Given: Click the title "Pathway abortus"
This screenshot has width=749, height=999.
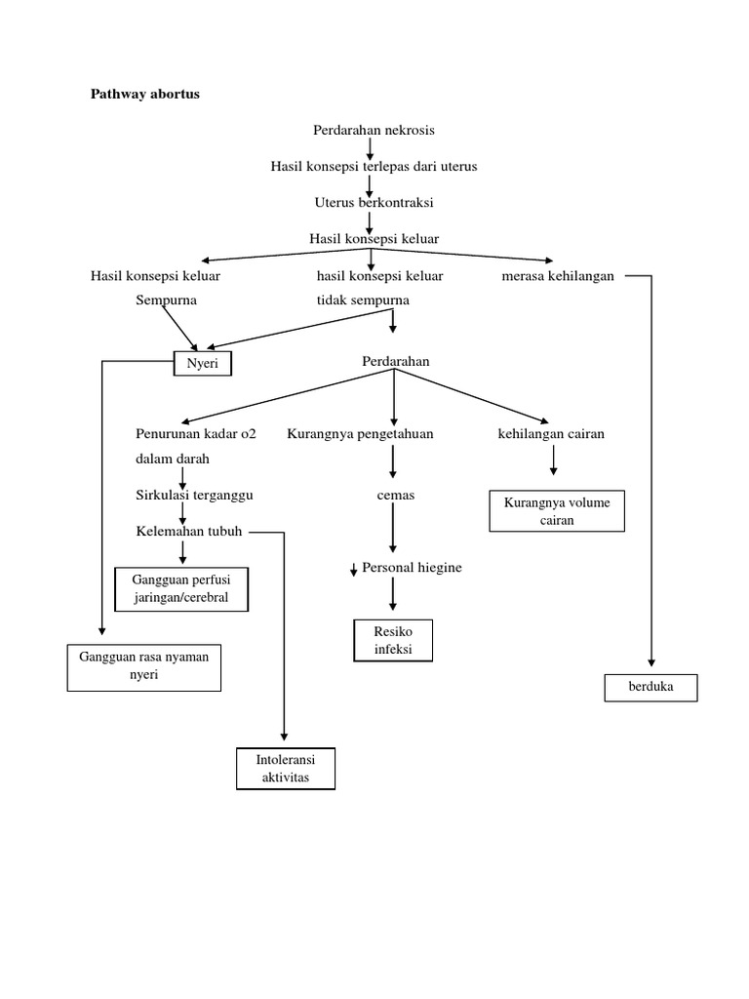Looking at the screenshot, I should [x=144, y=95].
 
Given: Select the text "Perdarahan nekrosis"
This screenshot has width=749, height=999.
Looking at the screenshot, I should [x=374, y=130].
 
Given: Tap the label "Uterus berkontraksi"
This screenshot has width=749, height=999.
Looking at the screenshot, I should [x=374, y=203].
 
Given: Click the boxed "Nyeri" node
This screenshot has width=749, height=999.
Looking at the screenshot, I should [x=204, y=363].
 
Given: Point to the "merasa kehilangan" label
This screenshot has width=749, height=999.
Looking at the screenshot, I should [x=557, y=276].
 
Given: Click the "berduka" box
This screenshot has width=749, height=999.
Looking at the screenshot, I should [x=652, y=687].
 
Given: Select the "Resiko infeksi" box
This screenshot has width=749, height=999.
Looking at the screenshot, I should [x=393, y=640].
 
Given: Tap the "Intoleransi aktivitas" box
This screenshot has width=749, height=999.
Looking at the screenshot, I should [x=286, y=768].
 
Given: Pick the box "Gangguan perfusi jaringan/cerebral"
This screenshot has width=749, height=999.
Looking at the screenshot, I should [x=182, y=589].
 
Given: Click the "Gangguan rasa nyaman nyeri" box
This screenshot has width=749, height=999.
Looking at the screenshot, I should [x=143, y=666].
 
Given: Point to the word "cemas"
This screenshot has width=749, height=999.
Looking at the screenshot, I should [x=396, y=495].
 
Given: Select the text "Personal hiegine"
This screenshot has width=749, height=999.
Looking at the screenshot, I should [x=412, y=568].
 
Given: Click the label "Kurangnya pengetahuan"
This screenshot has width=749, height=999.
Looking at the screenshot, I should [x=360, y=434].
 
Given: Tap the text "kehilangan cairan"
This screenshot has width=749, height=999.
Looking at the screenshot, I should [x=551, y=434].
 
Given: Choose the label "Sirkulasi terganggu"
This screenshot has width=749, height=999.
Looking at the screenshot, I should [x=194, y=495].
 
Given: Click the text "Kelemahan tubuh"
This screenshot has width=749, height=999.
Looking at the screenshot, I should [x=189, y=532].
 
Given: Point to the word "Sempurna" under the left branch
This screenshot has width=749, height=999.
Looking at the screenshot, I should [x=166, y=300].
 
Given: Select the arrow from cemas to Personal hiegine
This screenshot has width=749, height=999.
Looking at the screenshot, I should [x=392, y=532].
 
